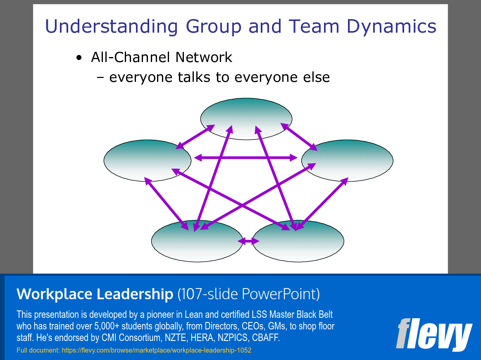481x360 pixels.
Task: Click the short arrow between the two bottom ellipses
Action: click(248, 241)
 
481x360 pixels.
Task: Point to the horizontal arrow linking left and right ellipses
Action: click(246, 157)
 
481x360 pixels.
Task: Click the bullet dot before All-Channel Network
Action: click(79, 58)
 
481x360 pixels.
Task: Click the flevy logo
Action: click(433, 334)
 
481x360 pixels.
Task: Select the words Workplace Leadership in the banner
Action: click(95, 294)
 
